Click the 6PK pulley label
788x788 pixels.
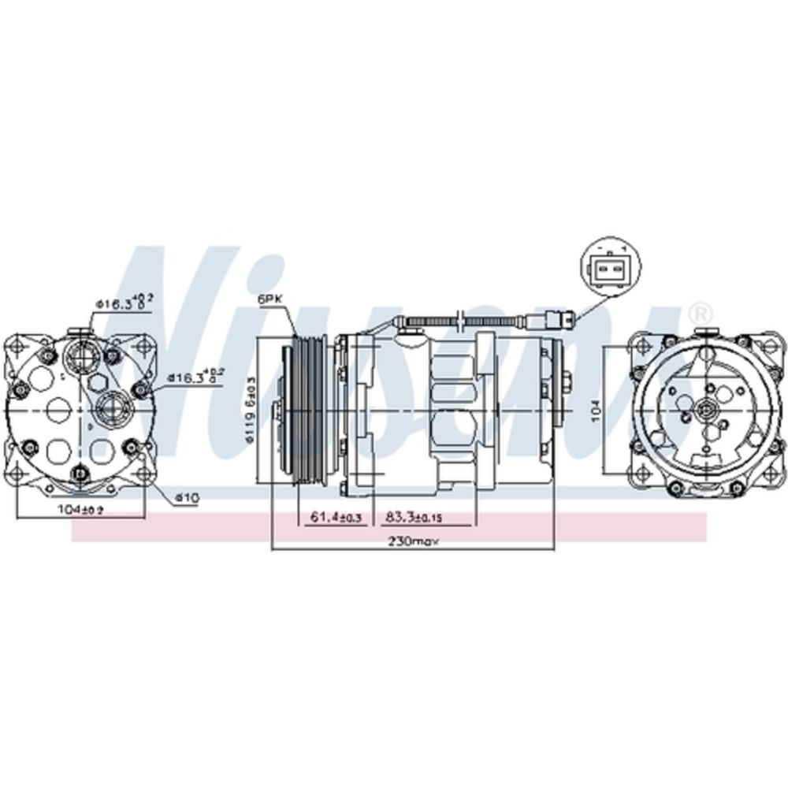coord(269,300)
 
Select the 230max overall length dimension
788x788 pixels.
coord(413,541)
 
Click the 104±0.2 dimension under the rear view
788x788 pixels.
coord(80,510)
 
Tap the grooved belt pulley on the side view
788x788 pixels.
coord(307,410)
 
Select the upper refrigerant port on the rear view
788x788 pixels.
coord(80,355)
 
